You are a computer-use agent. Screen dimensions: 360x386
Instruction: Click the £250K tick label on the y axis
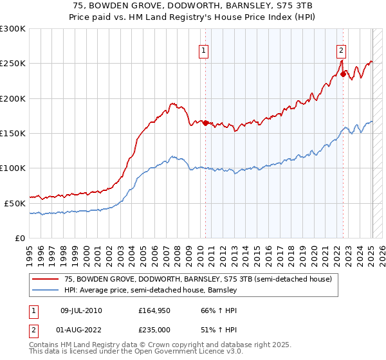click(x=12, y=64)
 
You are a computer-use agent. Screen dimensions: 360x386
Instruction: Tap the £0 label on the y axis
click(x=19, y=238)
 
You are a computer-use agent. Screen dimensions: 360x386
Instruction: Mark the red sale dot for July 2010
click(x=206, y=123)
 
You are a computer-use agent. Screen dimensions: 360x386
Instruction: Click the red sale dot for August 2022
click(x=343, y=75)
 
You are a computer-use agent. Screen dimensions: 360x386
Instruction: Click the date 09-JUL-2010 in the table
click(x=81, y=310)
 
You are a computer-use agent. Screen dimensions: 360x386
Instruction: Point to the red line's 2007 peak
click(x=172, y=103)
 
